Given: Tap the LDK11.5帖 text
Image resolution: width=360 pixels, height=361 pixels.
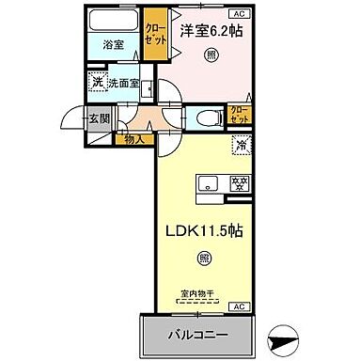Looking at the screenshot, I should (206, 228).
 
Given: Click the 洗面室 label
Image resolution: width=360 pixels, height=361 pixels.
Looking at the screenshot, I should (123, 82).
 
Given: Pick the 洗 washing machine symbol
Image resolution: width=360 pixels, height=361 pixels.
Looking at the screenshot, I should (97, 82).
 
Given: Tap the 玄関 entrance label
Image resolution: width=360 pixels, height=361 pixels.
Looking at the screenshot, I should (97, 118).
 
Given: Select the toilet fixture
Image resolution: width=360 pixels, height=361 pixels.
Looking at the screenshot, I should (208, 118).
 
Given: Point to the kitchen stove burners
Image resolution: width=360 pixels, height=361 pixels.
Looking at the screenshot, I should (239, 183).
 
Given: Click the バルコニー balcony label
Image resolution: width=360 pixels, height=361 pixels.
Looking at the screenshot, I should (198, 334).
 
